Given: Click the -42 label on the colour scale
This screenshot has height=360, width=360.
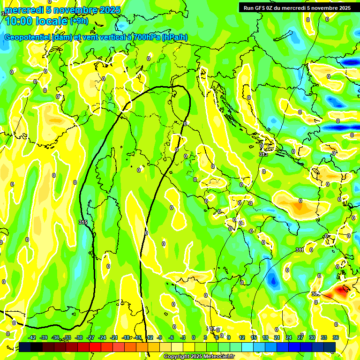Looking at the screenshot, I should point(32,337).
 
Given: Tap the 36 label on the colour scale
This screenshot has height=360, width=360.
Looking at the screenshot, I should point(336,337).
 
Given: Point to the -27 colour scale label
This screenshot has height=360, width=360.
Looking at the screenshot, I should point(91,337).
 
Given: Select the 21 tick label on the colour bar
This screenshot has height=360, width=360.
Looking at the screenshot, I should point(277,337).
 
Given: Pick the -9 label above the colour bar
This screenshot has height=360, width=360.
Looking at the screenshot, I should point(159,337).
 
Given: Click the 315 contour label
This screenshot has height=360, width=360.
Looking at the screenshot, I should point(83,222).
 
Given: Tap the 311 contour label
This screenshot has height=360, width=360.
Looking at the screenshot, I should point(300,250).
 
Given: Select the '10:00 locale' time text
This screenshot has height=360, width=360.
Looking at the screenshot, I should point(36,20).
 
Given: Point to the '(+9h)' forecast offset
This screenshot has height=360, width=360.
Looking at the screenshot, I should point(79,21).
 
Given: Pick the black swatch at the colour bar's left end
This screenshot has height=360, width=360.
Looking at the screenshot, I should point(25,347).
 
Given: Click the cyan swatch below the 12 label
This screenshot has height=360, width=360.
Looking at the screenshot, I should point(242,347).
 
